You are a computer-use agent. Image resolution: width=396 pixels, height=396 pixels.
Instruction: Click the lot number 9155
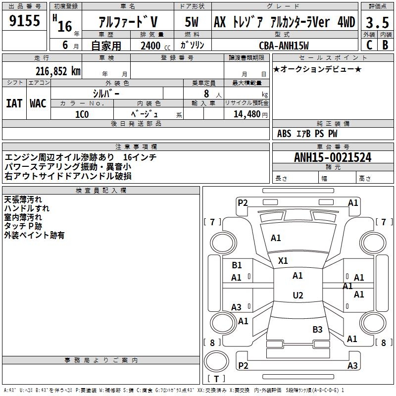click(x=25, y=21)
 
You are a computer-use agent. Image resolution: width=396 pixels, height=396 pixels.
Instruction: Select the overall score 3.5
click(x=377, y=22)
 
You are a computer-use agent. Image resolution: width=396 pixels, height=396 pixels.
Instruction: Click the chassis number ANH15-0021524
click(x=333, y=157)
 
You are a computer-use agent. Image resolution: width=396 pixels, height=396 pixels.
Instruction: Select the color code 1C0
click(x=82, y=114)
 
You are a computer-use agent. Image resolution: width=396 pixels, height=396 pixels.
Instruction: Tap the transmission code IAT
click(x=14, y=103)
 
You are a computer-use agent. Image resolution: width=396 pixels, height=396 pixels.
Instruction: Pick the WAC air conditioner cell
click(x=38, y=103)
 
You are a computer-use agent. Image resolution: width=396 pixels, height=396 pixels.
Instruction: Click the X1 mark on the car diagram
click(x=283, y=260)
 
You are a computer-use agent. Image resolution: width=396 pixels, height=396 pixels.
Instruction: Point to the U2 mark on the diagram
click(x=297, y=296)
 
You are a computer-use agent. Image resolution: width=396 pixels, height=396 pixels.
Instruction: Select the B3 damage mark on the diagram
click(x=317, y=329)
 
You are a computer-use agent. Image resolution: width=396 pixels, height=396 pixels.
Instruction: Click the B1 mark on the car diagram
click(x=237, y=265)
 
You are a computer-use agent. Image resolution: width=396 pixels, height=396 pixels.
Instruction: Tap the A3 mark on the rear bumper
click(x=352, y=366)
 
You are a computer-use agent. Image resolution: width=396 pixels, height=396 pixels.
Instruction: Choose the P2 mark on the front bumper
click(x=243, y=202)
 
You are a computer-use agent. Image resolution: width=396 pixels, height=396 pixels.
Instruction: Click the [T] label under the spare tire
click(x=216, y=379)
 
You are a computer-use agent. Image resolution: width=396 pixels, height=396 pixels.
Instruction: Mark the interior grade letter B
click(x=385, y=45)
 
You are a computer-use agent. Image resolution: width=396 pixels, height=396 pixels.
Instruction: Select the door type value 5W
click(x=192, y=22)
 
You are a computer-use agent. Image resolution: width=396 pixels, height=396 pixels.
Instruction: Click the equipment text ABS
click(x=284, y=134)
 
